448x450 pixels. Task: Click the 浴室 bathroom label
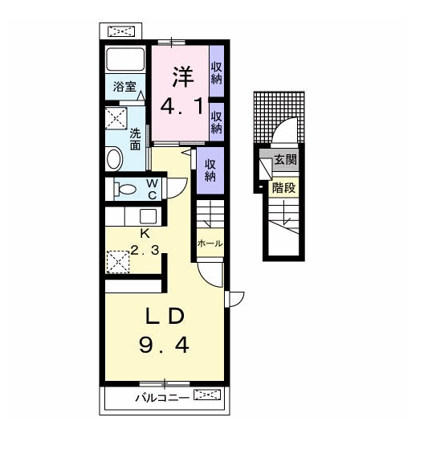tap(124, 87)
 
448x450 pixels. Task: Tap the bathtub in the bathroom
tap(125, 59)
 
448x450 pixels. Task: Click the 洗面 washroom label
tap(135, 139)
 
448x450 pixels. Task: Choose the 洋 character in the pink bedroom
tap(183, 77)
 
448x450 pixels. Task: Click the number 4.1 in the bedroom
tap(182, 106)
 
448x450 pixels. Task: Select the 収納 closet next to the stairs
tap(210, 170)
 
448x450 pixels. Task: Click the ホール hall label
tap(210, 243)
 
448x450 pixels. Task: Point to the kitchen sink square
tap(148, 216)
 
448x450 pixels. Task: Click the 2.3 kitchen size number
tap(145, 250)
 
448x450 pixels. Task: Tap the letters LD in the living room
tap(165, 316)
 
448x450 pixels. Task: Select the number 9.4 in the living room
tap(164, 345)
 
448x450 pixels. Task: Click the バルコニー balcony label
tap(162, 398)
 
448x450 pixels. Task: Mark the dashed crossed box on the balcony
tap(207, 395)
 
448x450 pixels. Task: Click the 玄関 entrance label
tap(285, 160)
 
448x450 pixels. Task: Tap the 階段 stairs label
tap(283, 188)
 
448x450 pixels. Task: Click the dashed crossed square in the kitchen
tap(118, 262)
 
